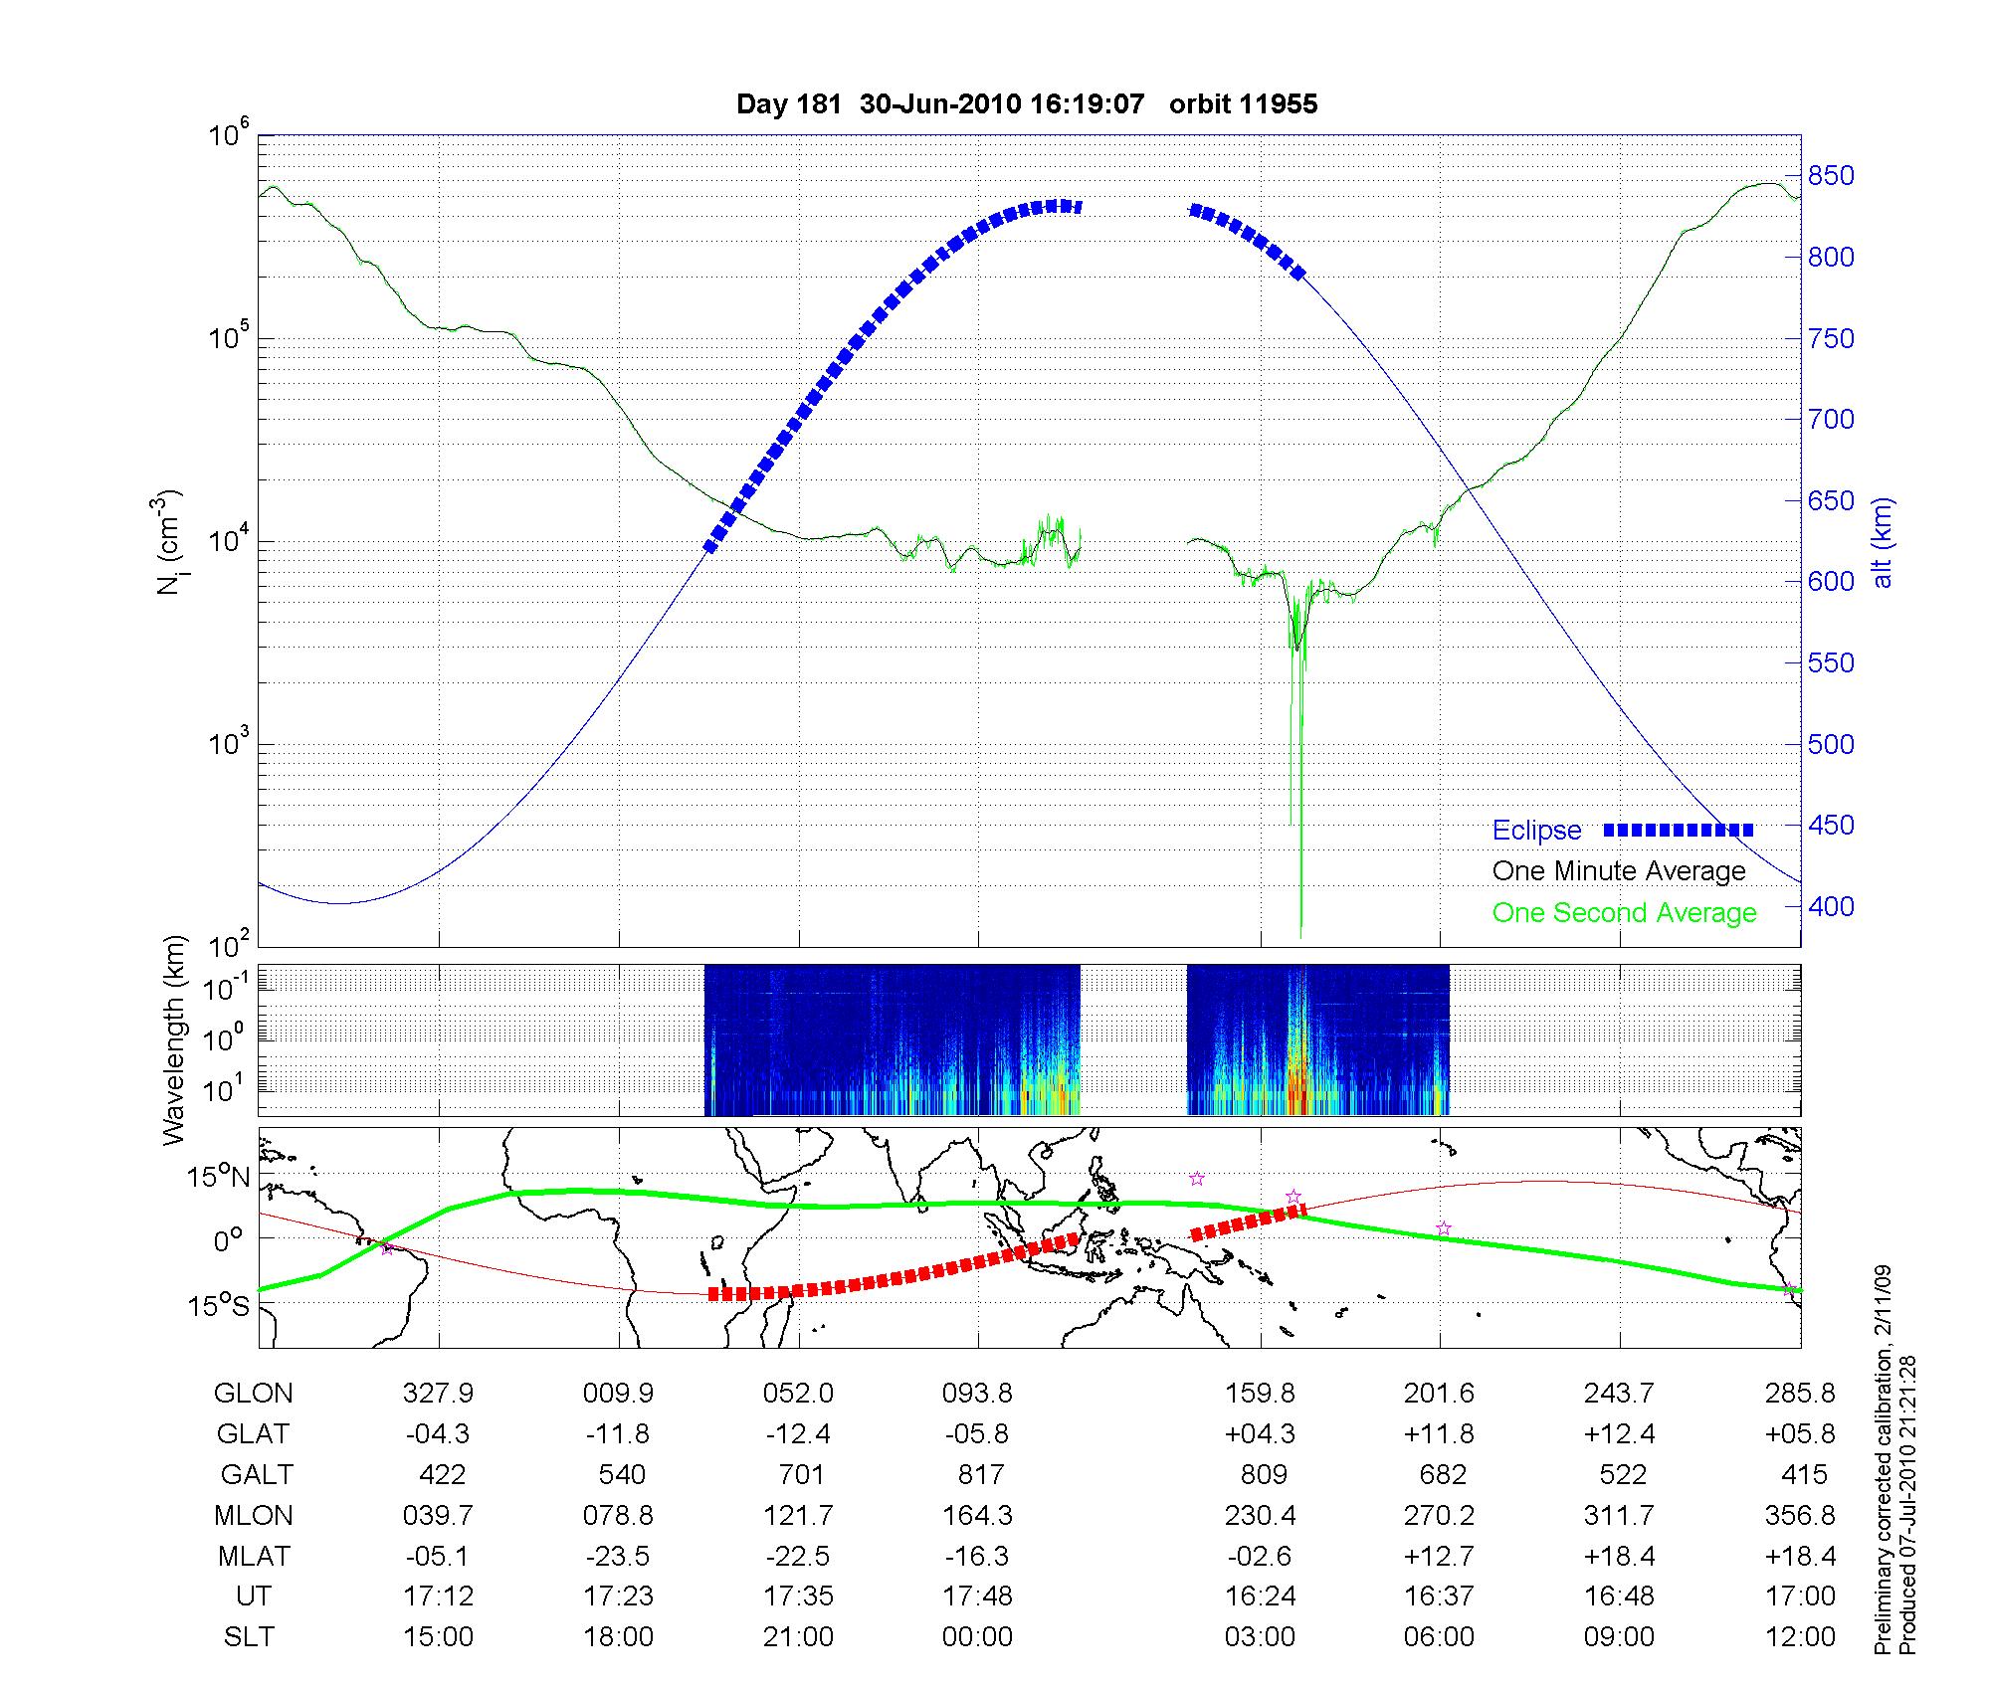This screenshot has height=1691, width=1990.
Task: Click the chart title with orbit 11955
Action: point(1027,104)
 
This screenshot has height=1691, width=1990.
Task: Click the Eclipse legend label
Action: point(1536,831)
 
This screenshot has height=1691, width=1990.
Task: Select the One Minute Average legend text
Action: point(1619,871)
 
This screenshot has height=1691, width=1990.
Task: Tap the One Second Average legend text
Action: point(1624,913)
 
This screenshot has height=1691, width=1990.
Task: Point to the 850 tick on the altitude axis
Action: point(1831,176)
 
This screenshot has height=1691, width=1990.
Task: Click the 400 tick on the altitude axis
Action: point(1831,906)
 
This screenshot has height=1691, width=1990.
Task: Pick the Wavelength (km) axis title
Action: point(176,1039)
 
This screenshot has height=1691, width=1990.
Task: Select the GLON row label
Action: point(254,1394)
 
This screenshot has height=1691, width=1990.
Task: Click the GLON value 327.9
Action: point(438,1394)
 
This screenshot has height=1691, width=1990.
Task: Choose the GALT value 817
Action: point(980,1474)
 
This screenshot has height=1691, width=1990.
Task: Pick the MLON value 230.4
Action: point(1260,1516)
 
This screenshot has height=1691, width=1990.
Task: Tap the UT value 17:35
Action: point(798,1597)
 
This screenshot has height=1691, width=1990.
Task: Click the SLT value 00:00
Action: point(977,1637)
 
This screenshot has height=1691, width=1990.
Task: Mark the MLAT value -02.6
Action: point(1260,1556)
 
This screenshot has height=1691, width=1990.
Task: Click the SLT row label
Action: point(249,1637)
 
